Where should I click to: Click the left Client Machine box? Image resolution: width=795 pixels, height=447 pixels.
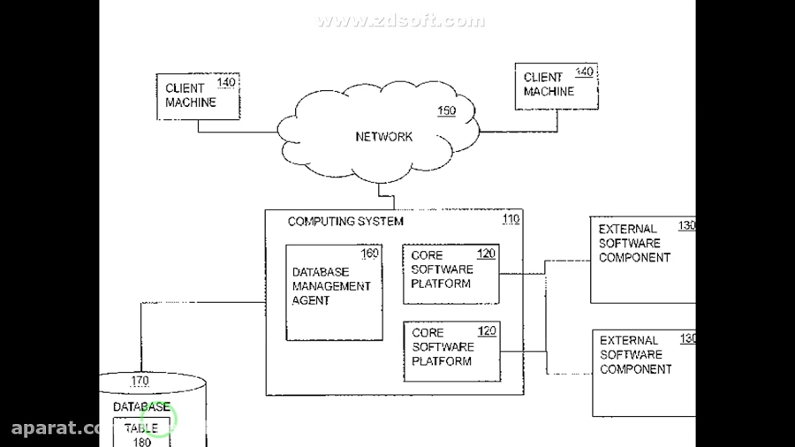point(199,97)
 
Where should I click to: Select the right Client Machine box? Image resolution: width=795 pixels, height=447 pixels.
point(556,86)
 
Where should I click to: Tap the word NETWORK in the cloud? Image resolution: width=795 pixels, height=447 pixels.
point(383,137)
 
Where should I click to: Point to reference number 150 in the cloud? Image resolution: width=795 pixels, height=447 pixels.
point(447,111)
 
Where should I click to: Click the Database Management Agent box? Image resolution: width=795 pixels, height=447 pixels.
point(334,292)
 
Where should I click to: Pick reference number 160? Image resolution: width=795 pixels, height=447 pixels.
point(369,254)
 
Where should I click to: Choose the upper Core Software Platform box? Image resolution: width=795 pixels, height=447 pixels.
point(450,274)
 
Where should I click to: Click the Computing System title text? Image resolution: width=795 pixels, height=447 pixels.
point(345,222)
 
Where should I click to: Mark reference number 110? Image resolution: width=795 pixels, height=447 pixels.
point(511,219)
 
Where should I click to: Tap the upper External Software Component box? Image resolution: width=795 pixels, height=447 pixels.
point(642,260)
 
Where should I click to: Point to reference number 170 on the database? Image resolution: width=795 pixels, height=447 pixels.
point(140,382)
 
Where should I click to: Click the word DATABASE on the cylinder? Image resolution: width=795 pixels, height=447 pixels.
point(141,407)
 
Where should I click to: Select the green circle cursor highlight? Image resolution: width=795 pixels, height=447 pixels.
point(160,421)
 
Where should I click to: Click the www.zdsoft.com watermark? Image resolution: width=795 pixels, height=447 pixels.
point(401,21)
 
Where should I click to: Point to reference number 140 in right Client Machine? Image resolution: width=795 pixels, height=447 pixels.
point(585,72)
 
